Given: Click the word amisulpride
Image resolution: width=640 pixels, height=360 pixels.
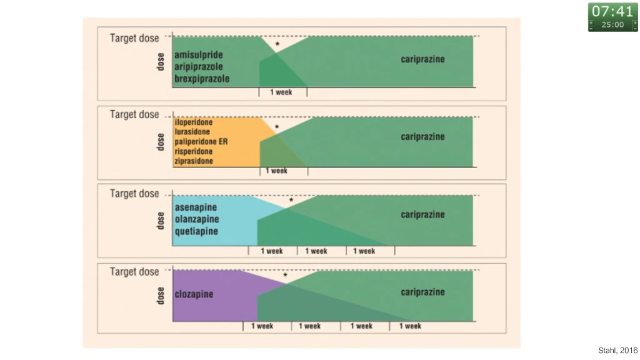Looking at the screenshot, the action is [x=199, y=55].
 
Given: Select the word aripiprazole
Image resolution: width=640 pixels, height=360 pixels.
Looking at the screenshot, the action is [x=199, y=67].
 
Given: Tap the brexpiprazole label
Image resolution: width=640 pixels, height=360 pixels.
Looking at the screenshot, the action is [x=202, y=79].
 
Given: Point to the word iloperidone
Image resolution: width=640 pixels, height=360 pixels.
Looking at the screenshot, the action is [x=194, y=122].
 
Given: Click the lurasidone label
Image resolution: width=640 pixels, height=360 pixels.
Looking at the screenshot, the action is [x=192, y=132].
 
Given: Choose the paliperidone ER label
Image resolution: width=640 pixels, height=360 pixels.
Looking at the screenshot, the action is [x=201, y=142].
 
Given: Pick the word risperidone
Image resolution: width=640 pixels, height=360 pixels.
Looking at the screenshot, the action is [x=194, y=151].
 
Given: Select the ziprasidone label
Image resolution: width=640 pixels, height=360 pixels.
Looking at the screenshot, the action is [x=194, y=161].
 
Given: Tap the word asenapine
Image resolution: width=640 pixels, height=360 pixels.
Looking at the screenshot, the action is [x=196, y=207].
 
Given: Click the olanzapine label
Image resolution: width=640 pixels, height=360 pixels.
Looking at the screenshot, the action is [x=197, y=219].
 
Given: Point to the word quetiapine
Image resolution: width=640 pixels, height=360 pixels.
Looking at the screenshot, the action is [x=197, y=231].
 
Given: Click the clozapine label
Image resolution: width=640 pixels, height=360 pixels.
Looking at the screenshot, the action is [x=194, y=294].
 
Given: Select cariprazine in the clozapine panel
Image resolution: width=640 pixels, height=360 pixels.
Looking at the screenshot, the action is [x=422, y=292].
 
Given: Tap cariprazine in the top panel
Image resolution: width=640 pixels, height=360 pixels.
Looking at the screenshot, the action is [x=422, y=59].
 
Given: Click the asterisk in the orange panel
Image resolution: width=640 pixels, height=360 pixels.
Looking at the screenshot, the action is [x=277, y=127].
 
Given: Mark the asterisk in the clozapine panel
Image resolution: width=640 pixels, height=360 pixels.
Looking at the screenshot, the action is [x=285, y=275].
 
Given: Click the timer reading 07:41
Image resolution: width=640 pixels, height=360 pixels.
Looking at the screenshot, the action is [x=612, y=11].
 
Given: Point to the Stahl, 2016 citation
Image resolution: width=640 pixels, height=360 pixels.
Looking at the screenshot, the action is [x=617, y=351].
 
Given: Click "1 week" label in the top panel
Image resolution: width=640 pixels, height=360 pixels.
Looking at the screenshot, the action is [x=281, y=92].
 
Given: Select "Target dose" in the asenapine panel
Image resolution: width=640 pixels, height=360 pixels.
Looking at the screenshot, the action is [x=134, y=194].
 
